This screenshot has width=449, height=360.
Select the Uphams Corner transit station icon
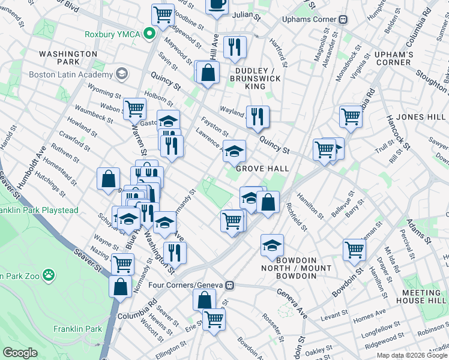pos(343,19)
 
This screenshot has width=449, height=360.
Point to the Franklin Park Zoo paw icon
pos(48,276)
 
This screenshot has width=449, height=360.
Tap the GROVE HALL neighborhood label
pos(262,169)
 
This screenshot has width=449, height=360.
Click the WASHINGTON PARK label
pos(68,58)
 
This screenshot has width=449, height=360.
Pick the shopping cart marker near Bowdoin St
pos(354,248)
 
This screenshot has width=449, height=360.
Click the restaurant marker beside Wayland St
pos(258,116)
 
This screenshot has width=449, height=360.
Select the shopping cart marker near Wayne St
pos(123,263)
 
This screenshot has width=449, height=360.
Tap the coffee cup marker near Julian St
pos(217,4)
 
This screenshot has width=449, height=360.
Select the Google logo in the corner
pos(20,353)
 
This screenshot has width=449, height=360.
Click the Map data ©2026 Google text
pos(412,356)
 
